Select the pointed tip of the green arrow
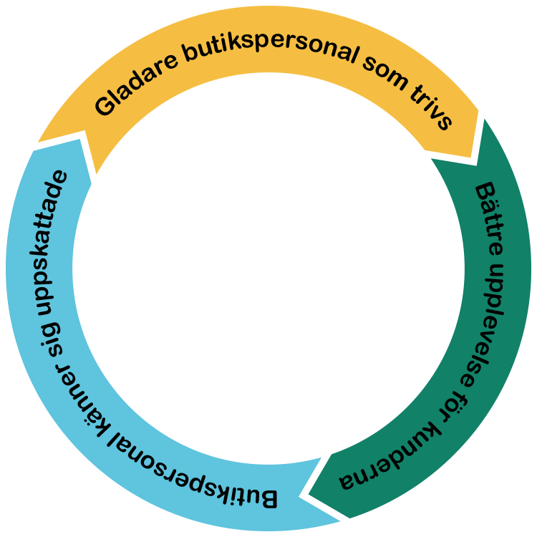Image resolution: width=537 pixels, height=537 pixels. click(306, 494)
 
